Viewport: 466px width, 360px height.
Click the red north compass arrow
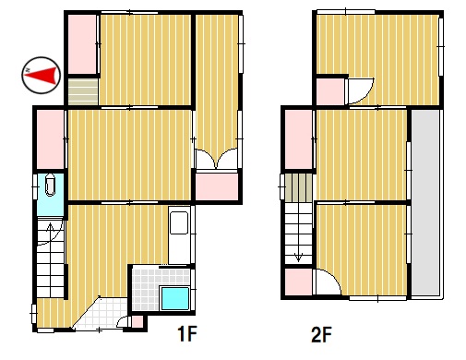click(x=42, y=75)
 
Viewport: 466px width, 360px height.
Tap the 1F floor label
click(x=186, y=333)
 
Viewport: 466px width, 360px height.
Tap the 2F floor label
click(x=321, y=334)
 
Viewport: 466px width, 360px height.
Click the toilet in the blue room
click(x=50, y=185)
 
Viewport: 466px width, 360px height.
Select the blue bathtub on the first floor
click(x=175, y=298)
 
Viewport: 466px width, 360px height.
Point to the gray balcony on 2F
click(x=426, y=202)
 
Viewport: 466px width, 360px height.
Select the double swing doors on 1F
click(x=217, y=159)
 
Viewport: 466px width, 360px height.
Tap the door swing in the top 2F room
click(x=359, y=91)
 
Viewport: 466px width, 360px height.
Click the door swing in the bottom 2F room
click(x=328, y=282)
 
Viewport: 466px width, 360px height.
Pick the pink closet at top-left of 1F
click(x=82, y=44)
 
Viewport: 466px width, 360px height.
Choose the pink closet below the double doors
click(x=217, y=186)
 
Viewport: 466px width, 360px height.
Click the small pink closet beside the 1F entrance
click(x=137, y=322)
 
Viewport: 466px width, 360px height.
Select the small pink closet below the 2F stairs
click(x=298, y=282)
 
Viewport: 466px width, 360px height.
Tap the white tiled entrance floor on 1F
click(x=101, y=313)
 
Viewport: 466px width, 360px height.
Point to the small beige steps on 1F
click(x=83, y=91)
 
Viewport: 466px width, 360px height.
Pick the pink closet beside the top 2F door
click(x=330, y=91)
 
